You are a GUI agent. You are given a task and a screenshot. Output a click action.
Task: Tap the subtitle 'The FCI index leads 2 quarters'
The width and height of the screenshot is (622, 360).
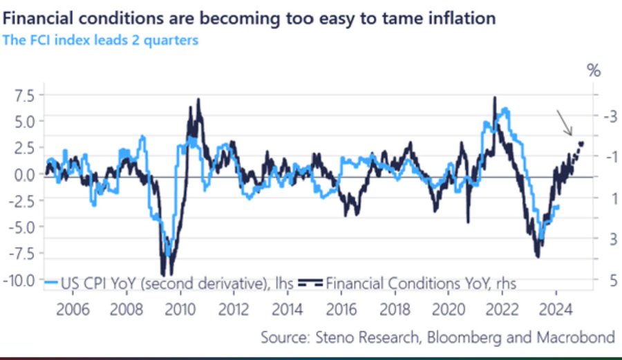tap(101, 40)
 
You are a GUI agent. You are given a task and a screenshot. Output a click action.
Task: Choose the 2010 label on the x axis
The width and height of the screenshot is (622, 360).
tap(181, 308)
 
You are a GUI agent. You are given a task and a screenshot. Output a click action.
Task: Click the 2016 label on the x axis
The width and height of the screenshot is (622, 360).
tap(341, 308)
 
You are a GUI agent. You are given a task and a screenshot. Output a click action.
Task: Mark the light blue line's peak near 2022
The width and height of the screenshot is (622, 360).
tap(507, 109)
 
